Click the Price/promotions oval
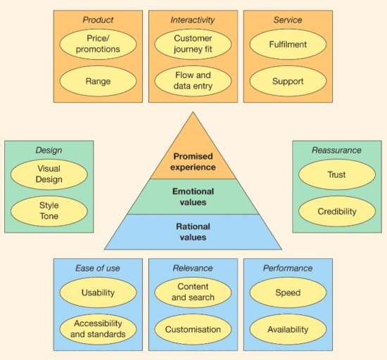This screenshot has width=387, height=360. click(x=98, y=44)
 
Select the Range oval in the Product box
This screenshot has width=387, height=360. click(x=98, y=81)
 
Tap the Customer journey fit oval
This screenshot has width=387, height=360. click(x=193, y=44)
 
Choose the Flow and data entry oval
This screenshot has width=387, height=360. click(x=193, y=81)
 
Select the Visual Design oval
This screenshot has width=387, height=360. click(x=49, y=174)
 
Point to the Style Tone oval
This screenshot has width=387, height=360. click(x=49, y=211)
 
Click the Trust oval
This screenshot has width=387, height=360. click(x=336, y=174)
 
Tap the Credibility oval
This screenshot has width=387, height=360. click(x=336, y=211)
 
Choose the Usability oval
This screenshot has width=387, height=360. click(x=97, y=292)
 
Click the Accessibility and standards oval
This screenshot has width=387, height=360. click(x=97, y=329)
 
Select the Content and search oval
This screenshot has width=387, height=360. click(x=193, y=292)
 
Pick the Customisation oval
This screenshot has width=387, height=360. click(x=193, y=329)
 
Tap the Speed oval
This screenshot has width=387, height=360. click(x=288, y=292)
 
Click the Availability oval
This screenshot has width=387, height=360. click(x=288, y=329)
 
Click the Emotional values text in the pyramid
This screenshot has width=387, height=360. click(x=193, y=196)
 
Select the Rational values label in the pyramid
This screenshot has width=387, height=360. click(x=193, y=231)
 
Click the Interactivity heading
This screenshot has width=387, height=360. click(x=193, y=20)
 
